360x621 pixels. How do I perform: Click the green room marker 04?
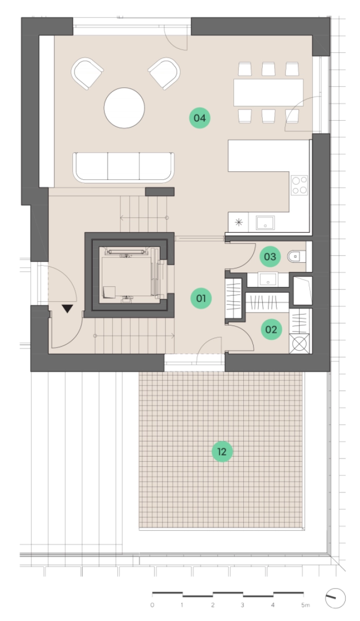tap(200, 118)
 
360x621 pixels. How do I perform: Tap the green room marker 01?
tap(201, 298)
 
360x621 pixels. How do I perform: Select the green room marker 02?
tap(271, 330)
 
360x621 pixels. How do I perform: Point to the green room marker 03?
tap(270, 257)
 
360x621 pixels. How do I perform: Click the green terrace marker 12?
tap(222, 451)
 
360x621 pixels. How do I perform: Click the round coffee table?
tap(124, 108)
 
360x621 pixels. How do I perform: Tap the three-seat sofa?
tap(124, 168)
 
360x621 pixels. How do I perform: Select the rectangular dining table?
tap(268, 93)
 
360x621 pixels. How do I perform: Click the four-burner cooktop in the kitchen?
tap(299, 185)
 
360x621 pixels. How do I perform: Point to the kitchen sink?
tap(265, 223)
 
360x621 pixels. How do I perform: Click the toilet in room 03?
tap(297, 257)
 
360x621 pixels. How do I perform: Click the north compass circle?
tap(335, 598)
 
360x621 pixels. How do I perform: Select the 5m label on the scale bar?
tap(305, 605)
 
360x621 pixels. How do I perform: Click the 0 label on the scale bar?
tap(152, 605)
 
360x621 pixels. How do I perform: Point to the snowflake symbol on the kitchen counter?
tap(239, 223)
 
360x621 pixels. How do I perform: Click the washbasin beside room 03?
tap(267, 280)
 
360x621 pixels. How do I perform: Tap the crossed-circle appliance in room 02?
tap(299, 344)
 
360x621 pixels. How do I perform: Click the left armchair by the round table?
tap(87, 73)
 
